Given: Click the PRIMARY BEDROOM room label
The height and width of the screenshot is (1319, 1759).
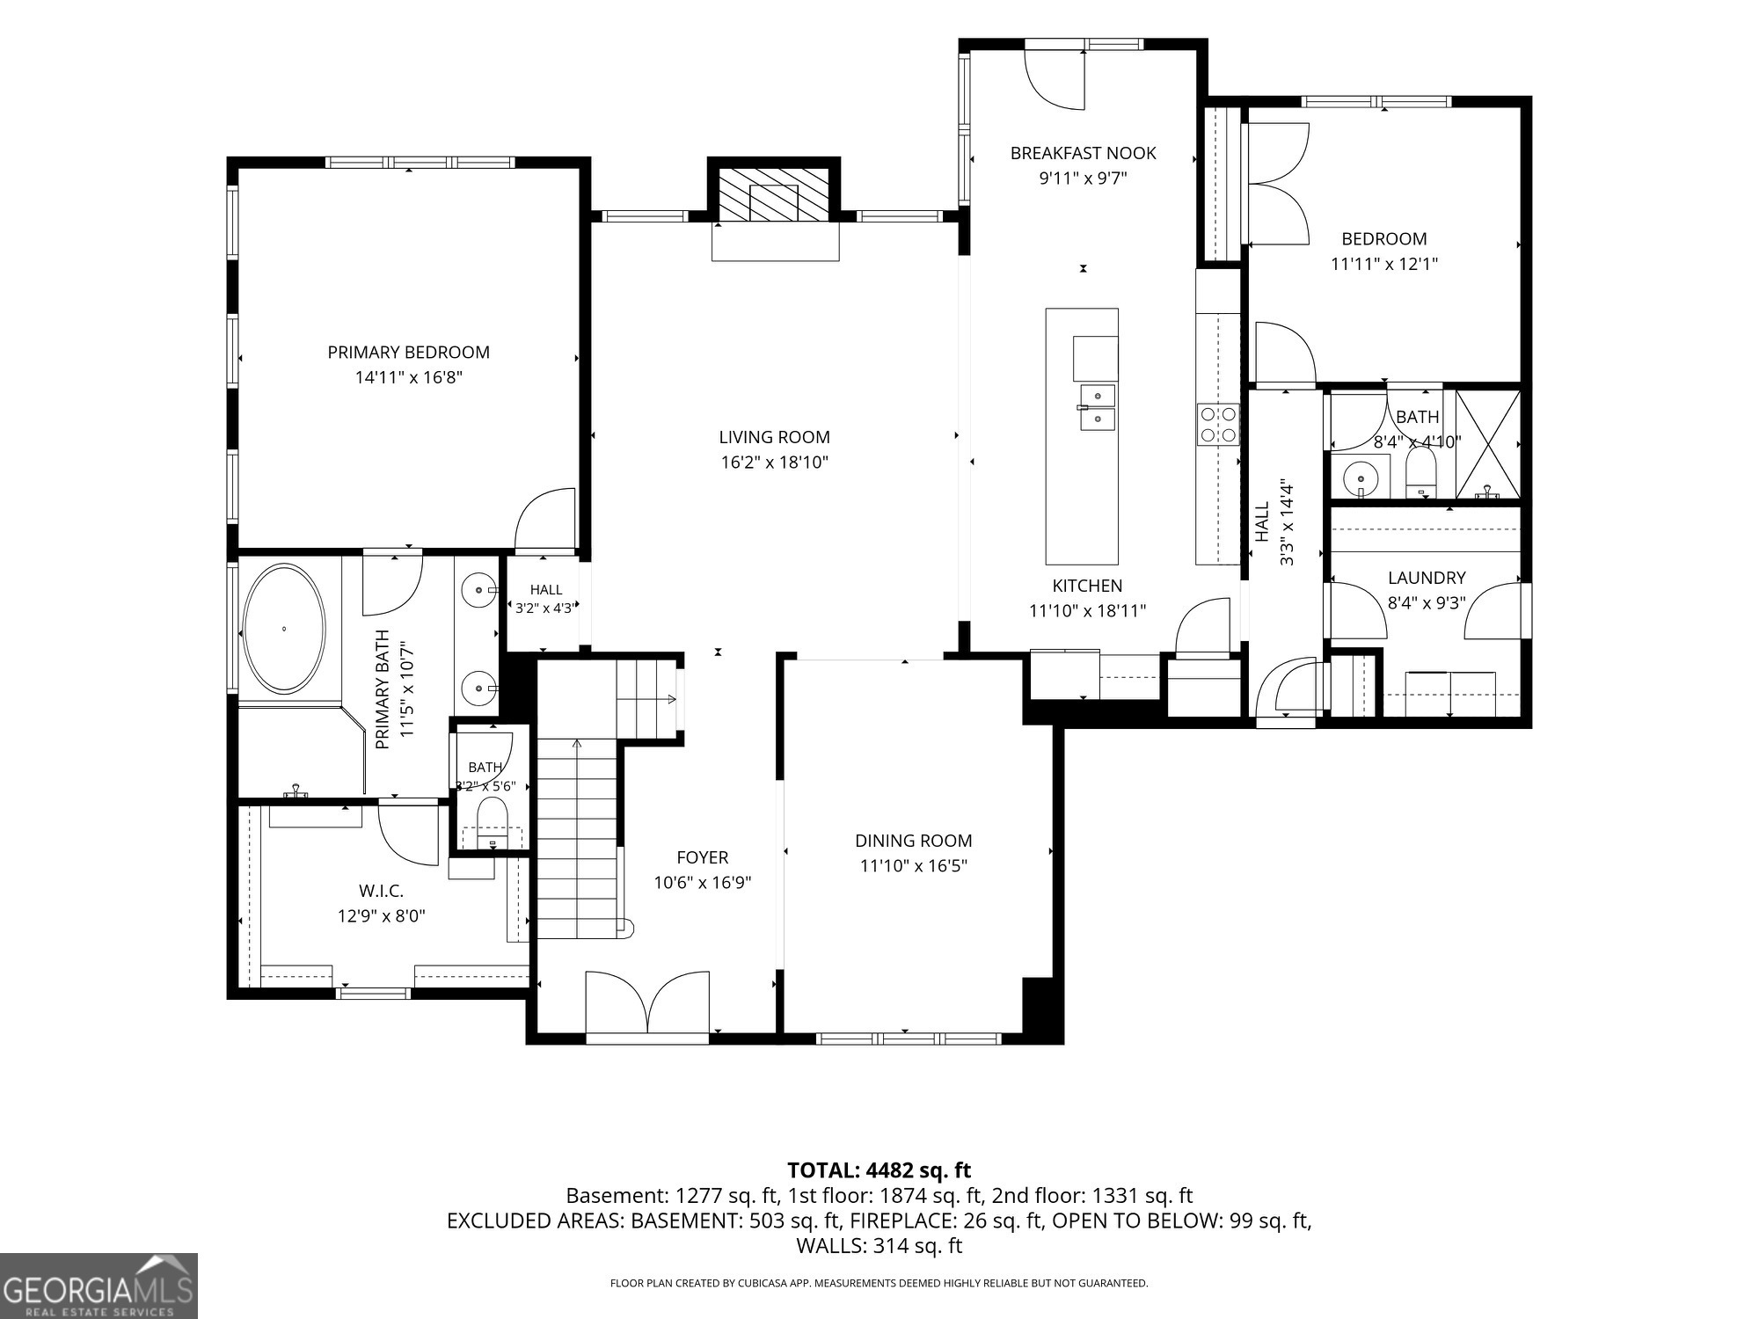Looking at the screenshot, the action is pyautogui.click(x=408, y=353).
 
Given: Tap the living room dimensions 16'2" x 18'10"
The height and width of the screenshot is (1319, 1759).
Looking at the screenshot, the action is pyautogui.click(x=775, y=463).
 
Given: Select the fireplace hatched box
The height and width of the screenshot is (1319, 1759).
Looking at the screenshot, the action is pyautogui.click(x=774, y=193).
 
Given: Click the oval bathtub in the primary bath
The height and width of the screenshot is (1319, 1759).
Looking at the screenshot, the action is pyautogui.click(x=284, y=629).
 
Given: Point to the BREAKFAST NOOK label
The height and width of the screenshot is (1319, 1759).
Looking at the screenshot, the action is pyautogui.click(x=1083, y=153).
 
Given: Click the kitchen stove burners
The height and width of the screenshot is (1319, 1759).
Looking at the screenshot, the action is pyautogui.click(x=1217, y=424).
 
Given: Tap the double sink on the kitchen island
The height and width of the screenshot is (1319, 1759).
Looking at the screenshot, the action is pyautogui.click(x=1098, y=409).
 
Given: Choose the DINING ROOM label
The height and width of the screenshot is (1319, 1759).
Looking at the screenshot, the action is pyautogui.click(x=914, y=841).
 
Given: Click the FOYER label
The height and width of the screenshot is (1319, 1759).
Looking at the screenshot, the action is pyautogui.click(x=703, y=857).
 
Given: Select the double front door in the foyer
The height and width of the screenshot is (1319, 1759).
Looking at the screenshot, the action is pyautogui.click(x=647, y=1002).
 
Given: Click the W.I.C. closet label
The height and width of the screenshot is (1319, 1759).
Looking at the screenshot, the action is pyautogui.click(x=382, y=891).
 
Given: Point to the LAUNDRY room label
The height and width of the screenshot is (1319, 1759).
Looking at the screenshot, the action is pyautogui.click(x=1427, y=578).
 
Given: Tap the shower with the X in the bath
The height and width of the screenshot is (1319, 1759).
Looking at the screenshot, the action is pyautogui.click(x=1487, y=445).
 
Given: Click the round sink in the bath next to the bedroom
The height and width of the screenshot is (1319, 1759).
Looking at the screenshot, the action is pyautogui.click(x=1361, y=478).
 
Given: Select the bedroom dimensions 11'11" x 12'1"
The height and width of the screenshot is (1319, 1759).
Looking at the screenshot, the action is pyautogui.click(x=1384, y=264).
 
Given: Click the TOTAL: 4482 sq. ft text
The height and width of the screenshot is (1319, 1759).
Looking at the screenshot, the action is pyautogui.click(x=879, y=1170).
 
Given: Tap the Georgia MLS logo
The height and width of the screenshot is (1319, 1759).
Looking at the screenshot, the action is pyautogui.click(x=99, y=1286).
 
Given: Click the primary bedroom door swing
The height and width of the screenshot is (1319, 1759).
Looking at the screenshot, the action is pyautogui.click(x=545, y=521).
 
